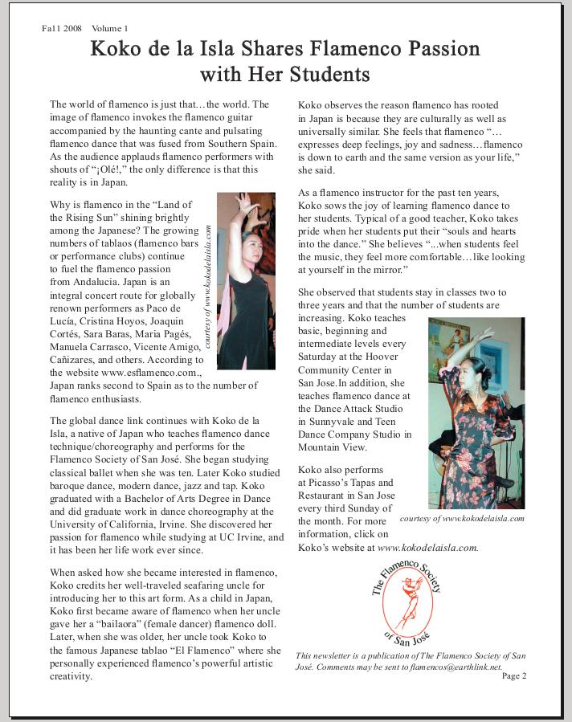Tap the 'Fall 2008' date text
coord(63,28)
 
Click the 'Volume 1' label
coord(110,28)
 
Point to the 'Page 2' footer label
coord(514,675)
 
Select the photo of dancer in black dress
coord(246,280)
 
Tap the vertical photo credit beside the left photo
coord(208,285)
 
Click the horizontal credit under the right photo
coord(461,518)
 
